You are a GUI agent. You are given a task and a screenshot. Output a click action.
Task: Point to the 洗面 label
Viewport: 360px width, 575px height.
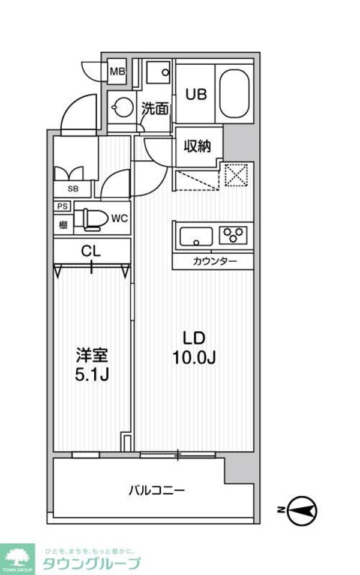pos(155,109)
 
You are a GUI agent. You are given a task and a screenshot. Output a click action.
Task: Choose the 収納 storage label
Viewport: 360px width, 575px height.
pos(197,146)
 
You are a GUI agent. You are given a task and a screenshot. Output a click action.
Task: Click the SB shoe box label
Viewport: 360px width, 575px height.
pos(72,188)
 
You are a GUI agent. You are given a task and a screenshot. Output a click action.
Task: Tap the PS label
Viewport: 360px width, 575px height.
pos(62,206)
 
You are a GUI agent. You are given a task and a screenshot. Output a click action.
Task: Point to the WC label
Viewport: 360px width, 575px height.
pos(119,218)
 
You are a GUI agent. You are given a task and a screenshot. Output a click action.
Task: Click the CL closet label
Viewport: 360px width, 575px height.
pos(91,251)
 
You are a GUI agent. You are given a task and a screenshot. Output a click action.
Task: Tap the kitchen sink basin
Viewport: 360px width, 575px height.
pos(195,235)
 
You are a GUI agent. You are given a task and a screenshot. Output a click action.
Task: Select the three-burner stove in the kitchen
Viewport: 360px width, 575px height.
pos(235,234)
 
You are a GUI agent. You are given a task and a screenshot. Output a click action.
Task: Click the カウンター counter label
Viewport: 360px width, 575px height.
pos(214,261)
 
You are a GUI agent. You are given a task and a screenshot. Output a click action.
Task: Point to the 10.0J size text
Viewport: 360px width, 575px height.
pos(194,358)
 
